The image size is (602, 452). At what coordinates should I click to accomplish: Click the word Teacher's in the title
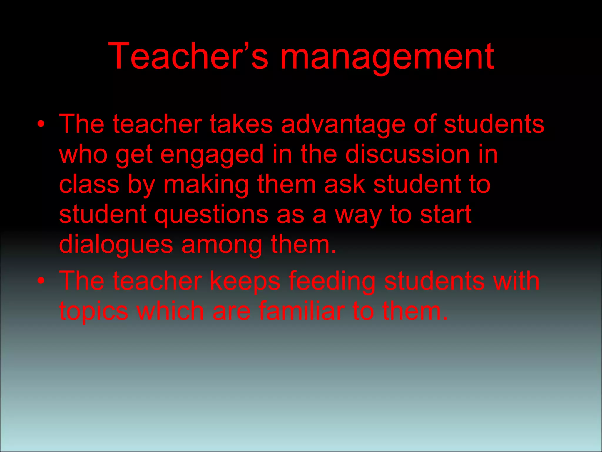pyautogui.click(x=188, y=56)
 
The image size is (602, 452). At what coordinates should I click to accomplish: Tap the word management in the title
pyautogui.click(x=387, y=57)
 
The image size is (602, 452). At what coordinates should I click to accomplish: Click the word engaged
pyautogui.click(x=212, y=155)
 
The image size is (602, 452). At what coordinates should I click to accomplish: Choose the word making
pyautogui.click(x=206, y=185)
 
